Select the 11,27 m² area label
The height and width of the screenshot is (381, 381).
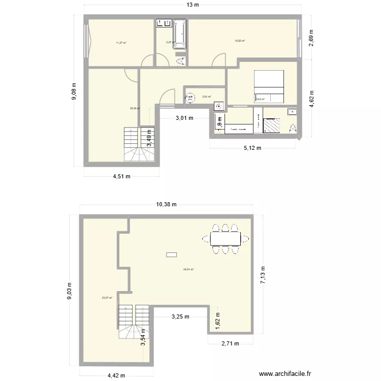pyautogui.click(x=121, y=43)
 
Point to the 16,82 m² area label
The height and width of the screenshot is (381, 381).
pyautogui.click(x=240, y=41)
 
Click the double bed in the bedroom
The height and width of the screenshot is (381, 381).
pyautogui.click(x=269, y=86)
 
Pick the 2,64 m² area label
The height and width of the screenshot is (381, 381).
pyautogui.click(x=206, y=97)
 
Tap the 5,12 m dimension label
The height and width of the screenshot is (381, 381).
pyautogui.click(x=252, y=148)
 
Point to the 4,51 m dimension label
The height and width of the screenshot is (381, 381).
pyautogui.click(x=121, y=177)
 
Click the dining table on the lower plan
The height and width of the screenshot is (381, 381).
pyautogui.click(x=226, y=238)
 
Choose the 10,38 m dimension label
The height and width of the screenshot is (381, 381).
pyautogui.click(x=166, y=205)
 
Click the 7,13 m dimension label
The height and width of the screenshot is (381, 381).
pyautogui.click(x=263, y=275)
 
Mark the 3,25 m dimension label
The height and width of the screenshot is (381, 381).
pyautogui.click(x=180, y=316)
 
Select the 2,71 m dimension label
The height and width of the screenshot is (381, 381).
pyautogui.click(x=230, y=344)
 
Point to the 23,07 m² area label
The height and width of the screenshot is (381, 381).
pyautogui.click(x=107, y=298)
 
